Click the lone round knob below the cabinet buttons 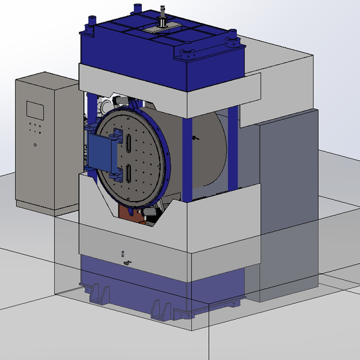click(x=35, y=145)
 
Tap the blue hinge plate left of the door click(x=101, y=153)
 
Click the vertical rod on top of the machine click(x=161, y=14)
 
